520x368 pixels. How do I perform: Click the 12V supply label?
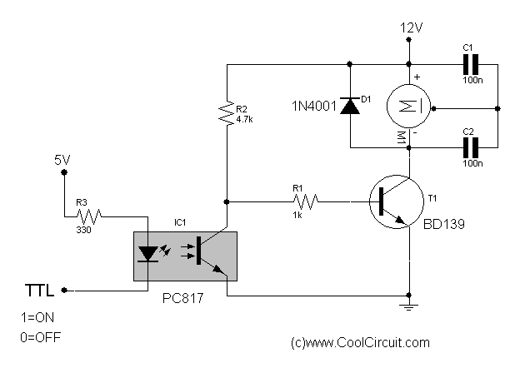pyautogui.click(x=411, y=27)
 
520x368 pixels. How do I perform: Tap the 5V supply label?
pyautogui.click(x=62, y=161)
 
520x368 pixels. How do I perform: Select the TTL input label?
pyautogui.click(x=39, y=291)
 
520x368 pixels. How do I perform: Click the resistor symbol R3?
pyautogui.click(x=89, y=217)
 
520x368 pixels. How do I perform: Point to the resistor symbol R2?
pyautogui.click(x=227, y=113)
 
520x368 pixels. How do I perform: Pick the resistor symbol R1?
pyautogui.click(x=306, y=201)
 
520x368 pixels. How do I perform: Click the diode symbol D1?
pyautogui.click(x=350, y=106)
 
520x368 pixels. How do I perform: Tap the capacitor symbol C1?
pyautogui.click(x=471, y=64)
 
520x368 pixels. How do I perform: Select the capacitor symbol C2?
pyautogui.click(x=471, y=147)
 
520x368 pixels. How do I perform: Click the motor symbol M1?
pyautogui.click(x=408, y=106)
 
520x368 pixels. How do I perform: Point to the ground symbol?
pyautogui.click(x=409, y=306)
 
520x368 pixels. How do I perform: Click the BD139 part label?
pyautogui.click(x=444, y=224)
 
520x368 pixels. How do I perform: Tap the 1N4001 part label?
pyautogui.click(x=313, y=106)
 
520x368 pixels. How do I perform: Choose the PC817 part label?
pyautogui.click(x=182, y=298)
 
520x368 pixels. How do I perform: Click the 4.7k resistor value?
pyautogui.click(x=244, y=119)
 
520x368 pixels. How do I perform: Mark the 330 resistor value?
pyautogui.click(x=83, y=230)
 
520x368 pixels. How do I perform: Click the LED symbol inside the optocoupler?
pyautogui.click(x=147, y=254)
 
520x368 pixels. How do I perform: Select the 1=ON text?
pyautogui.click(x=37, y=318)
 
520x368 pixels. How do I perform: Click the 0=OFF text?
pyautogui.click(x=41, y=337)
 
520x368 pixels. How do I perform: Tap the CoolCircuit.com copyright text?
pyautogui.click(x=360, y=342)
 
